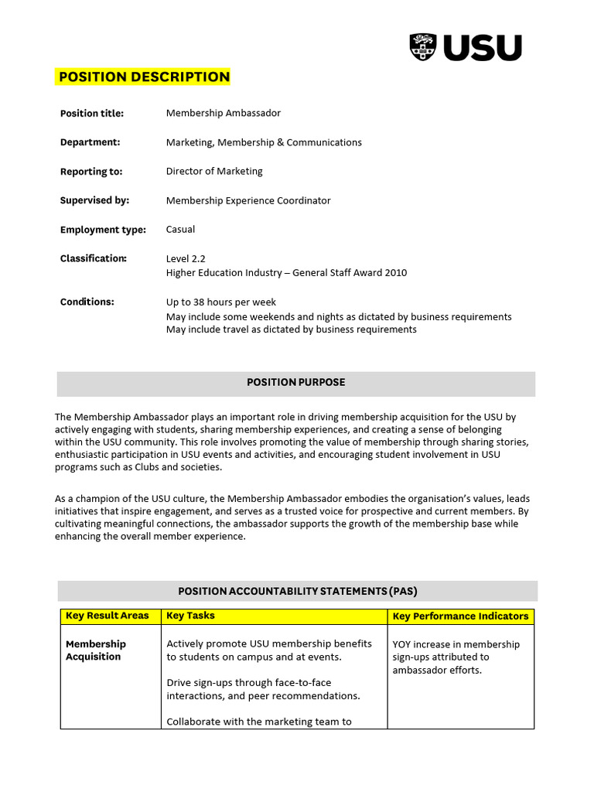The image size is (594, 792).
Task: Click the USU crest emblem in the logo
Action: pyautogui.click(x=423, y=47)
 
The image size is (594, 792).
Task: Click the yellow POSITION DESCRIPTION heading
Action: pyautogui.click(x=144, y=77)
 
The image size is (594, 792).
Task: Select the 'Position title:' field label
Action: pyautogui.click(x=92, y=114)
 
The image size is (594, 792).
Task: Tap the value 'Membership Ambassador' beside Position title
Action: pyautogui.click(x=224, y=113)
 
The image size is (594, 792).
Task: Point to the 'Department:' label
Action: pyautogui.click(x=90, y=142)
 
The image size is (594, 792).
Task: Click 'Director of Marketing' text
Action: pyautogui.click(x=214, y=171)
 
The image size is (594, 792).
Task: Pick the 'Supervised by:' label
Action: pyautogui.click(x=94, y=200)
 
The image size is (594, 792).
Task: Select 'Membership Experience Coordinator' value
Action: pyautogui.click(x=248, y=200)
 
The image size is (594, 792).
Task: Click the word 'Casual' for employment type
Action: pyautogui.click(x=180, y=229)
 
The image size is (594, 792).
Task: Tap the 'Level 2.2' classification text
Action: pyautogui.click(x=186, y=258)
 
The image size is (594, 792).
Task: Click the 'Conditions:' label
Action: pyautogui.click(x=87, y=302)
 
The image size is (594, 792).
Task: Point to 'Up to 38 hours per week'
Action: pyautogui.click(x=221, y=302)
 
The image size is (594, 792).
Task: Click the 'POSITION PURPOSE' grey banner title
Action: pyautogui.click(x=296, y=382)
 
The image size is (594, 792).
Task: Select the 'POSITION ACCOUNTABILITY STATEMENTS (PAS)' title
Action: pyautogui.click(x=298, y=591)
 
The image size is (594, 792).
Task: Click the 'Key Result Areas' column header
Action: pyautogui.click(x=108, y=616)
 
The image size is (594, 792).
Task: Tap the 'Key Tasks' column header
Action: pyautogui.click(x=191, y=616)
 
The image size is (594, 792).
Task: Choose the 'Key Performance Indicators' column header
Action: pyautogui.click(x=461, y=616)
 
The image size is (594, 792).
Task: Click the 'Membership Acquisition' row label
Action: pyautogui.click(x=95, y=650)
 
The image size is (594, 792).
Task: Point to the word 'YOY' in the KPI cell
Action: pyautogui.click(x=403, y=644)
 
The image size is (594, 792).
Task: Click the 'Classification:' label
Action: pyautogui.click(x=94, y=258)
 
